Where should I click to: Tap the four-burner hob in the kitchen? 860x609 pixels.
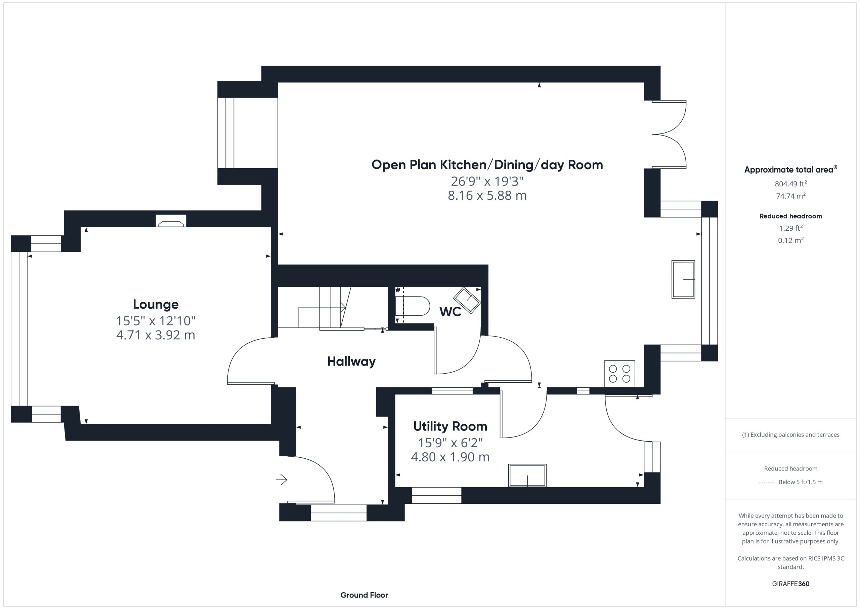[619, 374]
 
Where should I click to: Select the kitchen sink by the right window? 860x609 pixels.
[683, 279]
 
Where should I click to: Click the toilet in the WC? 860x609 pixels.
[413, 306]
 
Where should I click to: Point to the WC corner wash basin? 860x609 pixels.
[467, 300]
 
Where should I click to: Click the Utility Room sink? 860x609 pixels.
[527, 475]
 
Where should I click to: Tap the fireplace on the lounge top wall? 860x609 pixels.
[171, 221]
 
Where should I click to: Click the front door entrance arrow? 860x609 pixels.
[282, 479]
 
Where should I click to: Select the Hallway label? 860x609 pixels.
[351, 361]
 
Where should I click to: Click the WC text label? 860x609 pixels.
[450, 312]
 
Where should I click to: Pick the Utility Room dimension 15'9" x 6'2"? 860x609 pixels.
[450, 443]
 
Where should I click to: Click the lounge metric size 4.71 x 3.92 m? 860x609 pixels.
[156, 335]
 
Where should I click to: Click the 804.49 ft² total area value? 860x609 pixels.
[791, 183]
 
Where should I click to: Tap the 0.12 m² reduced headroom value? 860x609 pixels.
[791, 240]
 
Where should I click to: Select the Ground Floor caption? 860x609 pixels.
[364, 595]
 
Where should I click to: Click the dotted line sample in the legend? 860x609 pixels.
[766, 482]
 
